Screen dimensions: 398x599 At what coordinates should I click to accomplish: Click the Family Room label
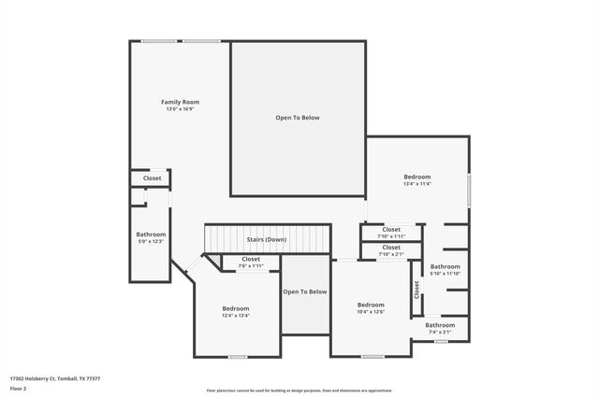tap(180, 102)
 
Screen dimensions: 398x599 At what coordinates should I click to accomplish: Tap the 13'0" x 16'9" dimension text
tap(180, 109)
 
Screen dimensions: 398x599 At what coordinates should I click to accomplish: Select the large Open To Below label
tap(298, 118)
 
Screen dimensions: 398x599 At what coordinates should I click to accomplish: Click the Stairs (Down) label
tap(267, 239)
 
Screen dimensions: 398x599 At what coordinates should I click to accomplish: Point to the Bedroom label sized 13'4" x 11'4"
tap(416, 177)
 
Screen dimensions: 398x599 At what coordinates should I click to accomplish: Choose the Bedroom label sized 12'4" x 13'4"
tap(236, 308)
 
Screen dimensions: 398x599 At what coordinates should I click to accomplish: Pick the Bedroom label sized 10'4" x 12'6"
tap(371, 305)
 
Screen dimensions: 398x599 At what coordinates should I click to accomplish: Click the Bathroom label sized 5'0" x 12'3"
tap(151, 235)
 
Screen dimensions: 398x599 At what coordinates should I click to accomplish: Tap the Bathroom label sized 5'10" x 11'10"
tap(445, 266)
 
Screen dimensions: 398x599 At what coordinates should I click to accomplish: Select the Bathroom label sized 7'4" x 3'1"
tap(439, 325)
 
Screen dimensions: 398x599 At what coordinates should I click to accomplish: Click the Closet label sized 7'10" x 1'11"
tap(391, 229)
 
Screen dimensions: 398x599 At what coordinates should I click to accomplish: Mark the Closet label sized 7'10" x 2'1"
tap(391, 247)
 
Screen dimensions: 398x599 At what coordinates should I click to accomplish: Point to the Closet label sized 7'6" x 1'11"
tap(251, 259)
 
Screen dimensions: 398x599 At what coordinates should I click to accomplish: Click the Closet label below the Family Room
tap(152, 178)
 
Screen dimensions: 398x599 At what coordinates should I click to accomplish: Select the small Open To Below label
tap(305, 291)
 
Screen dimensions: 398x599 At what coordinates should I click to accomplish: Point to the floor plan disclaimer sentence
tap(299, 391)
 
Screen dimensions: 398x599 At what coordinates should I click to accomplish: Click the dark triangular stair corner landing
tap(212, 262)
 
